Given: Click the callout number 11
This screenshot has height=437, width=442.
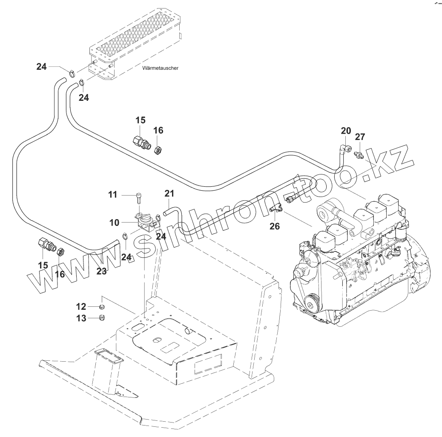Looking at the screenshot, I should click(x=112, y=195).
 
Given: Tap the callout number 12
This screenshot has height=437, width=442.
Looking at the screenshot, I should click(x=81, y=306).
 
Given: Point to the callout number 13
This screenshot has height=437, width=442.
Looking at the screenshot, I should click(x=81, y=318).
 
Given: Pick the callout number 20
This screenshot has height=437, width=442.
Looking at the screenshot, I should click(x=346, y=131).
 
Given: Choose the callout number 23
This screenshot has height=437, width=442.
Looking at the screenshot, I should click(x=101, y=271).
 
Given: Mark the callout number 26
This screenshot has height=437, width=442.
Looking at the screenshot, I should click(x=275, y=226).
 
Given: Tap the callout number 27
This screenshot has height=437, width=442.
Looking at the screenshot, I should click(x=360, y=137).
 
